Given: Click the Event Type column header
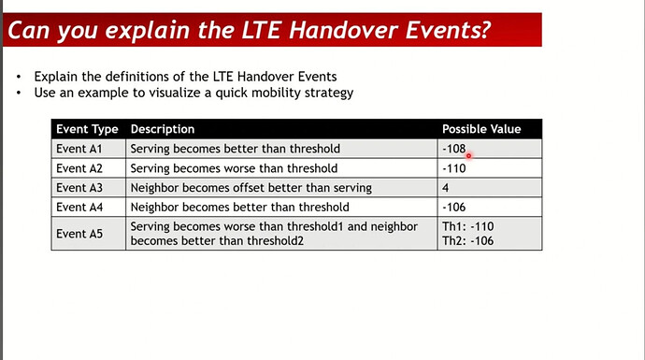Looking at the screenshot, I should click(x=87, y=129).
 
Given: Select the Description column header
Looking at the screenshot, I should click(x=163, y=129).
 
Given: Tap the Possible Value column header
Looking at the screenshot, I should click(x=481, y=129).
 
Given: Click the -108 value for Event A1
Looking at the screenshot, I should click(x=453, y=148).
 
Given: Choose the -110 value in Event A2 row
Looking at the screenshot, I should click(x=453, y=168).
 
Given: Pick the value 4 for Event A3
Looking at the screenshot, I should click(x=445, y=188).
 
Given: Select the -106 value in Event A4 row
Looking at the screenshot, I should click(x=453, y=207).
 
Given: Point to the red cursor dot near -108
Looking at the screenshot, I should click(x=468, y=156).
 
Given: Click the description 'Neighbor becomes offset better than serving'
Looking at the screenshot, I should click(x=251, y=188).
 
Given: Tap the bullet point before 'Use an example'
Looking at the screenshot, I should click(x=19, y=93).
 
